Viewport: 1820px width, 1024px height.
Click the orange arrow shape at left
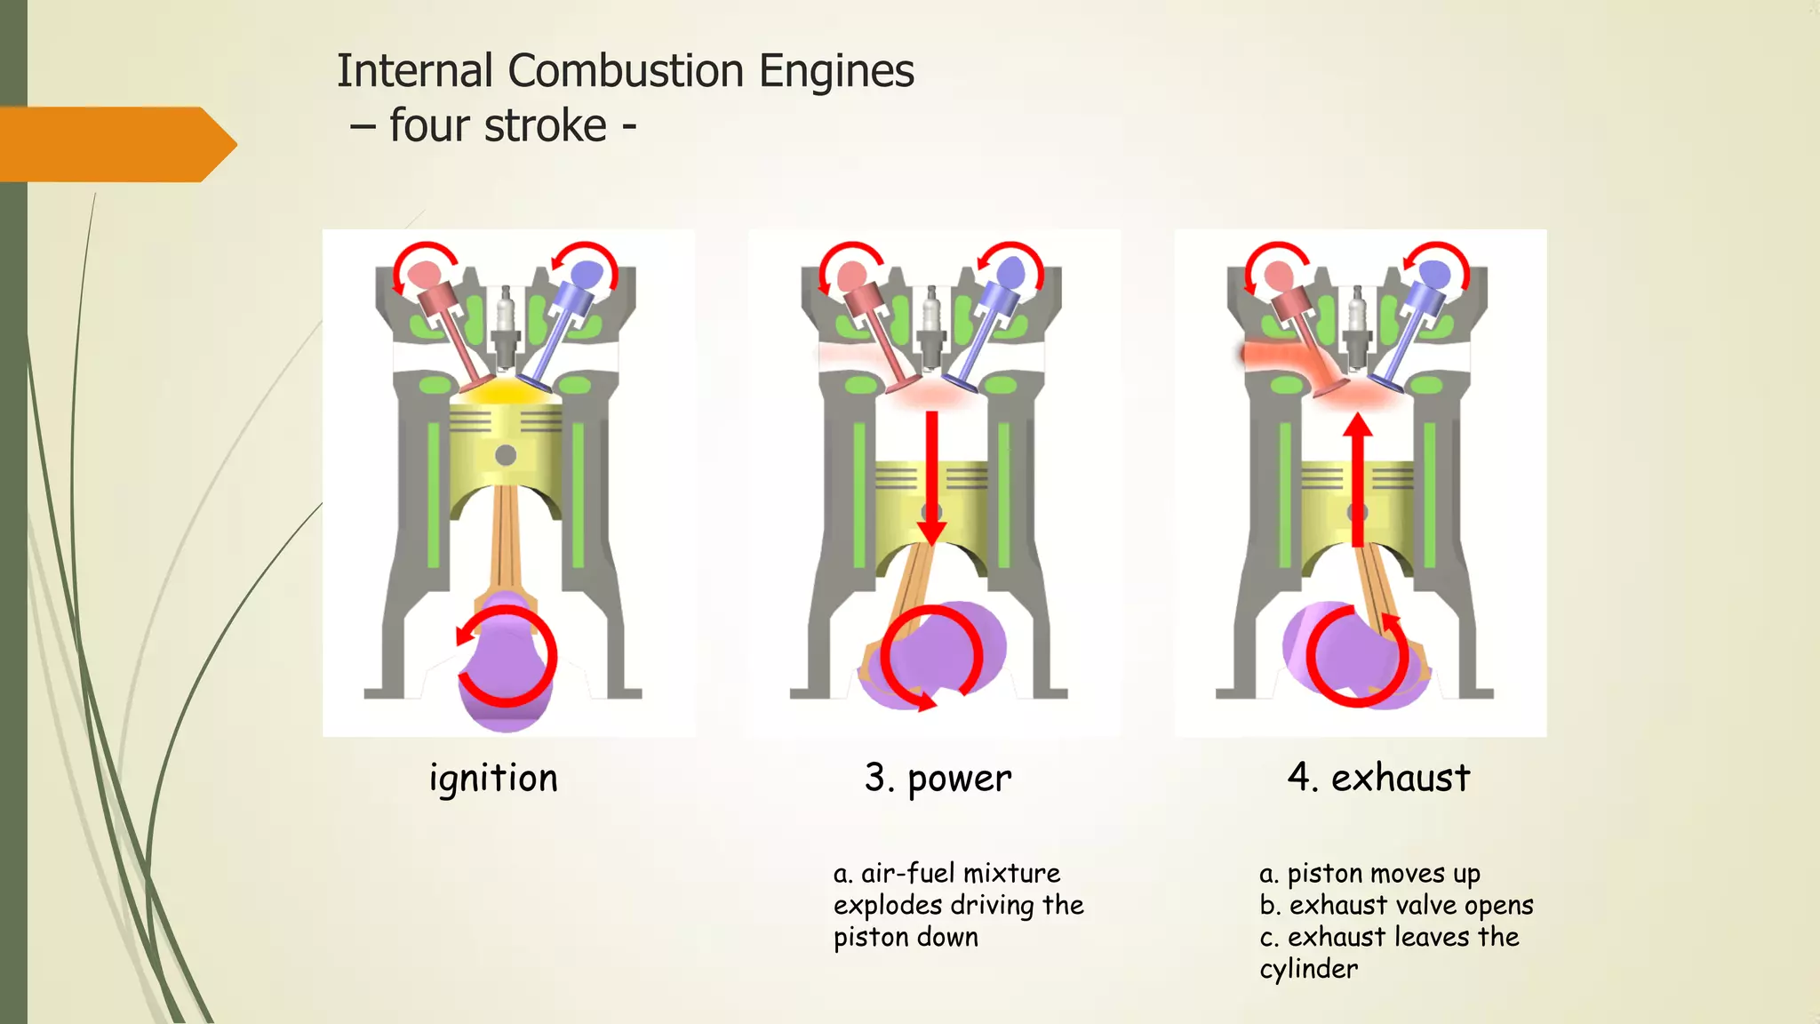click(x=116, y=144)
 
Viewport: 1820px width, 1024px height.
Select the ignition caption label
click(x=493, y=779)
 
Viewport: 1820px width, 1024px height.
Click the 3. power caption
click(x=938, y=779)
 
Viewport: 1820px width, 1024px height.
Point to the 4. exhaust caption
click(x=1378, y=778)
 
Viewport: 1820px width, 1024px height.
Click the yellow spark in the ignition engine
click(x=505, y=391)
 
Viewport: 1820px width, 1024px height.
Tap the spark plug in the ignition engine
click(x=506, y=324)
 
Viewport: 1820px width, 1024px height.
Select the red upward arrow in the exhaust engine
click(x=1357, y=480)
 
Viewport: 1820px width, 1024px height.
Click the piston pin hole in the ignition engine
click(x=506, y=455)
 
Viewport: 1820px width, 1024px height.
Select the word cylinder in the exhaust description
click(x=1308, y=969)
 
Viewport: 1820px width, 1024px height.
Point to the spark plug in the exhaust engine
click(x=1357, y=324)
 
